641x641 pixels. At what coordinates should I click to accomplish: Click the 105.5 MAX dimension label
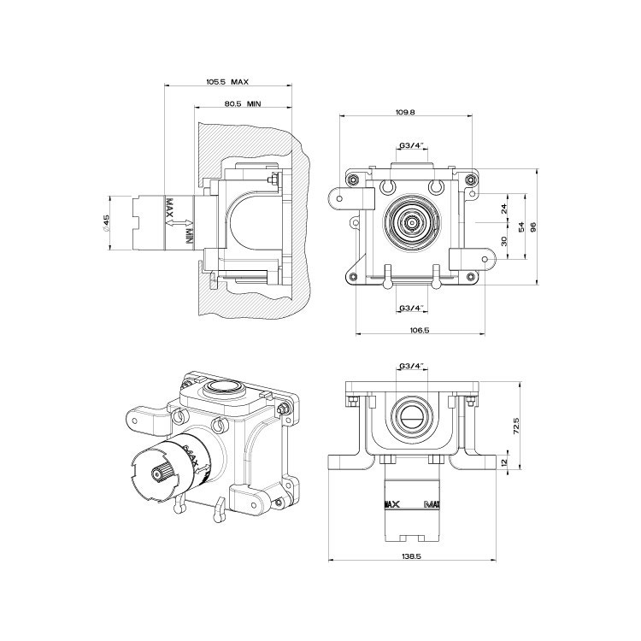pos(227,82)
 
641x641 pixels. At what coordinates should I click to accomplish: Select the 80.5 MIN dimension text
pos(243,103)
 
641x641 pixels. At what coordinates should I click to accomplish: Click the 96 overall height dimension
pos(533,226)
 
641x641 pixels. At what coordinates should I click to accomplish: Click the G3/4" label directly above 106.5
pos(412,307)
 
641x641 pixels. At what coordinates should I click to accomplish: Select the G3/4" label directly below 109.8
pos(412,145)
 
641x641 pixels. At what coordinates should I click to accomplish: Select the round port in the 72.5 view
pos(412,419)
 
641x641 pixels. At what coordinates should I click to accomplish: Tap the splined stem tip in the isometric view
pos(156,473)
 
